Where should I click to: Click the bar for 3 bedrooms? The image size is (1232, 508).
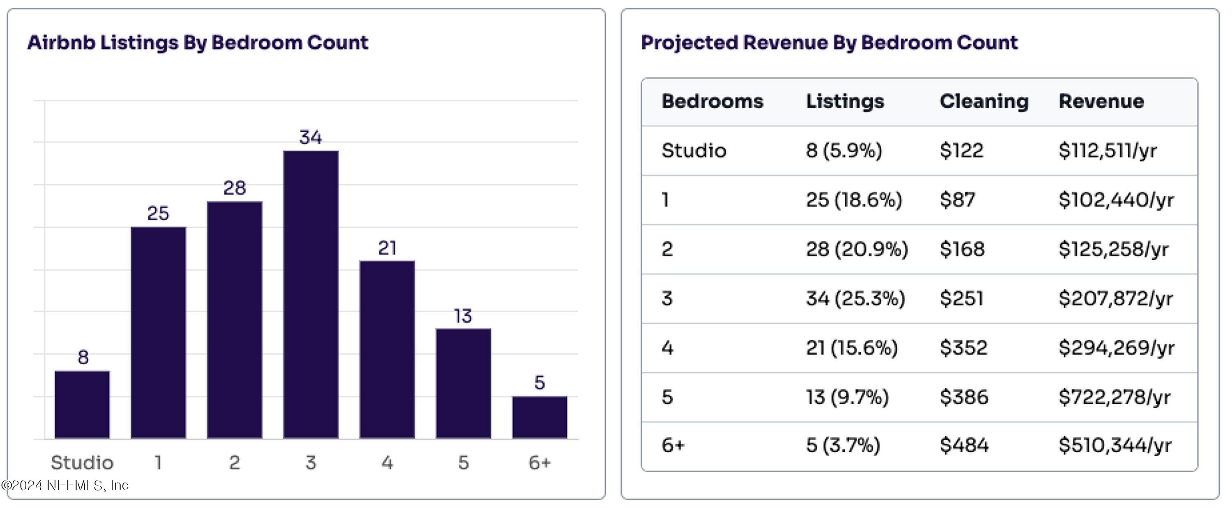click(311, 294)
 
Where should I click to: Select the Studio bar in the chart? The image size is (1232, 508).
click(82, 404)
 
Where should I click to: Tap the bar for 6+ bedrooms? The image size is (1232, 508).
click(540, 417)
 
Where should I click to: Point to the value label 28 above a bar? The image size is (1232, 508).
click(234, 188)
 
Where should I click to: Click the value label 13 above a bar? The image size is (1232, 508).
click(463, 316)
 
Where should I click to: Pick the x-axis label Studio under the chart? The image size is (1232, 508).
click(82, 462)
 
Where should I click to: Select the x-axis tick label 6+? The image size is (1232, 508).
click(540, 462)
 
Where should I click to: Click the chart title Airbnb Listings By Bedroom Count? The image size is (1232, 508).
click(198, 43)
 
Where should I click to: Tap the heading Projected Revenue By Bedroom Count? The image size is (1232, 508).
click(829, 43)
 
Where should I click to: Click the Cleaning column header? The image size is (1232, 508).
click(984, 101)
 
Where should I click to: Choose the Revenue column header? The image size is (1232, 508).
click(1101, 101)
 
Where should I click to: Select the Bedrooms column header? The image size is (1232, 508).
click(712, 101)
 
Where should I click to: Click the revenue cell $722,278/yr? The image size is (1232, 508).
click(1115, 397)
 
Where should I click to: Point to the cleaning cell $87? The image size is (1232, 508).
click(957, 200)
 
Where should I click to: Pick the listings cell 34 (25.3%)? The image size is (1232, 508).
click(855, 299)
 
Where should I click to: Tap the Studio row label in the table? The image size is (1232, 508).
click(694, 151)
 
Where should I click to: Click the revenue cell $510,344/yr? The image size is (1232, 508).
click(1115, 445)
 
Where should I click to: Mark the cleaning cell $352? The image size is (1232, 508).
click(963, 348)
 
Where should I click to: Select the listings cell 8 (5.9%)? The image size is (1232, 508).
click(844, 151)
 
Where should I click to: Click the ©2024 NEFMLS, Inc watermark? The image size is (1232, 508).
click(65, 485)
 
